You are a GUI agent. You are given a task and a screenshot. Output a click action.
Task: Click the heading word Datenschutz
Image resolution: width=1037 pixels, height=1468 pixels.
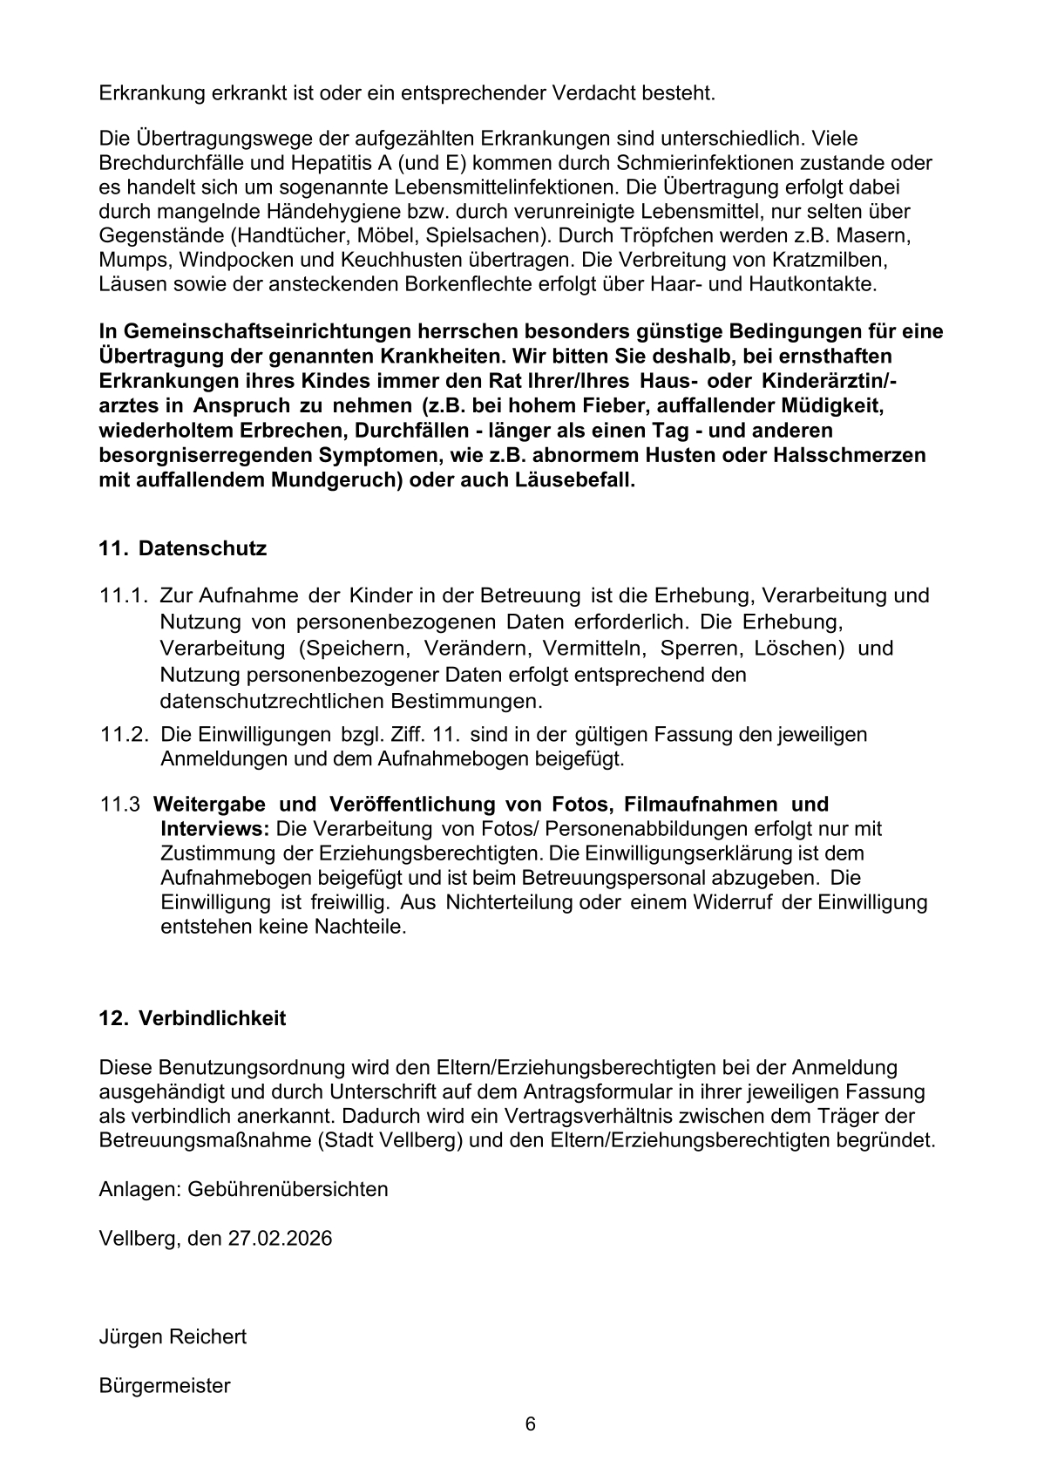pyautogui.click(x=202, y=549)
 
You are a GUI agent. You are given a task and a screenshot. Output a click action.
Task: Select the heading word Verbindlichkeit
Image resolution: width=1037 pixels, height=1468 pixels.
pyautogui.click(x=212, y=1018)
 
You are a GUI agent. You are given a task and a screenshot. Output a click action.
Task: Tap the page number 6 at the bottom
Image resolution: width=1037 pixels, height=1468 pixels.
pyautogui.click(x=531, y=1424)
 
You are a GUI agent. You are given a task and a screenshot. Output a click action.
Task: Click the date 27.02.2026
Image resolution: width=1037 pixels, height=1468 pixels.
pyautogui.click(x=281, y=1238)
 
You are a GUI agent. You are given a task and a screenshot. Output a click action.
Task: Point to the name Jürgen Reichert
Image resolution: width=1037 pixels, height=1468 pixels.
pyautogui.click(x=173, y=1336)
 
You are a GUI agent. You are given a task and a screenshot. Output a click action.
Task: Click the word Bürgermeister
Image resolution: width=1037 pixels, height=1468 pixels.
pyautogui.click(x=165, y=1385)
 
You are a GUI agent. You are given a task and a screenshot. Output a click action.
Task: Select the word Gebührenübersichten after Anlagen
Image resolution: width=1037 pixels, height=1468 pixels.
pyautogui.click(x=288, y=1189)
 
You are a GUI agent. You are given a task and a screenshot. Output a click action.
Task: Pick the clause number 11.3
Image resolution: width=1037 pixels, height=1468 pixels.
pyautogui.click(x=120, y=805)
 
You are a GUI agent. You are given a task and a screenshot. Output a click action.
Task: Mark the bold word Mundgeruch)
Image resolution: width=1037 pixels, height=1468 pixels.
pyautogui.click(x=336, y=479)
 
